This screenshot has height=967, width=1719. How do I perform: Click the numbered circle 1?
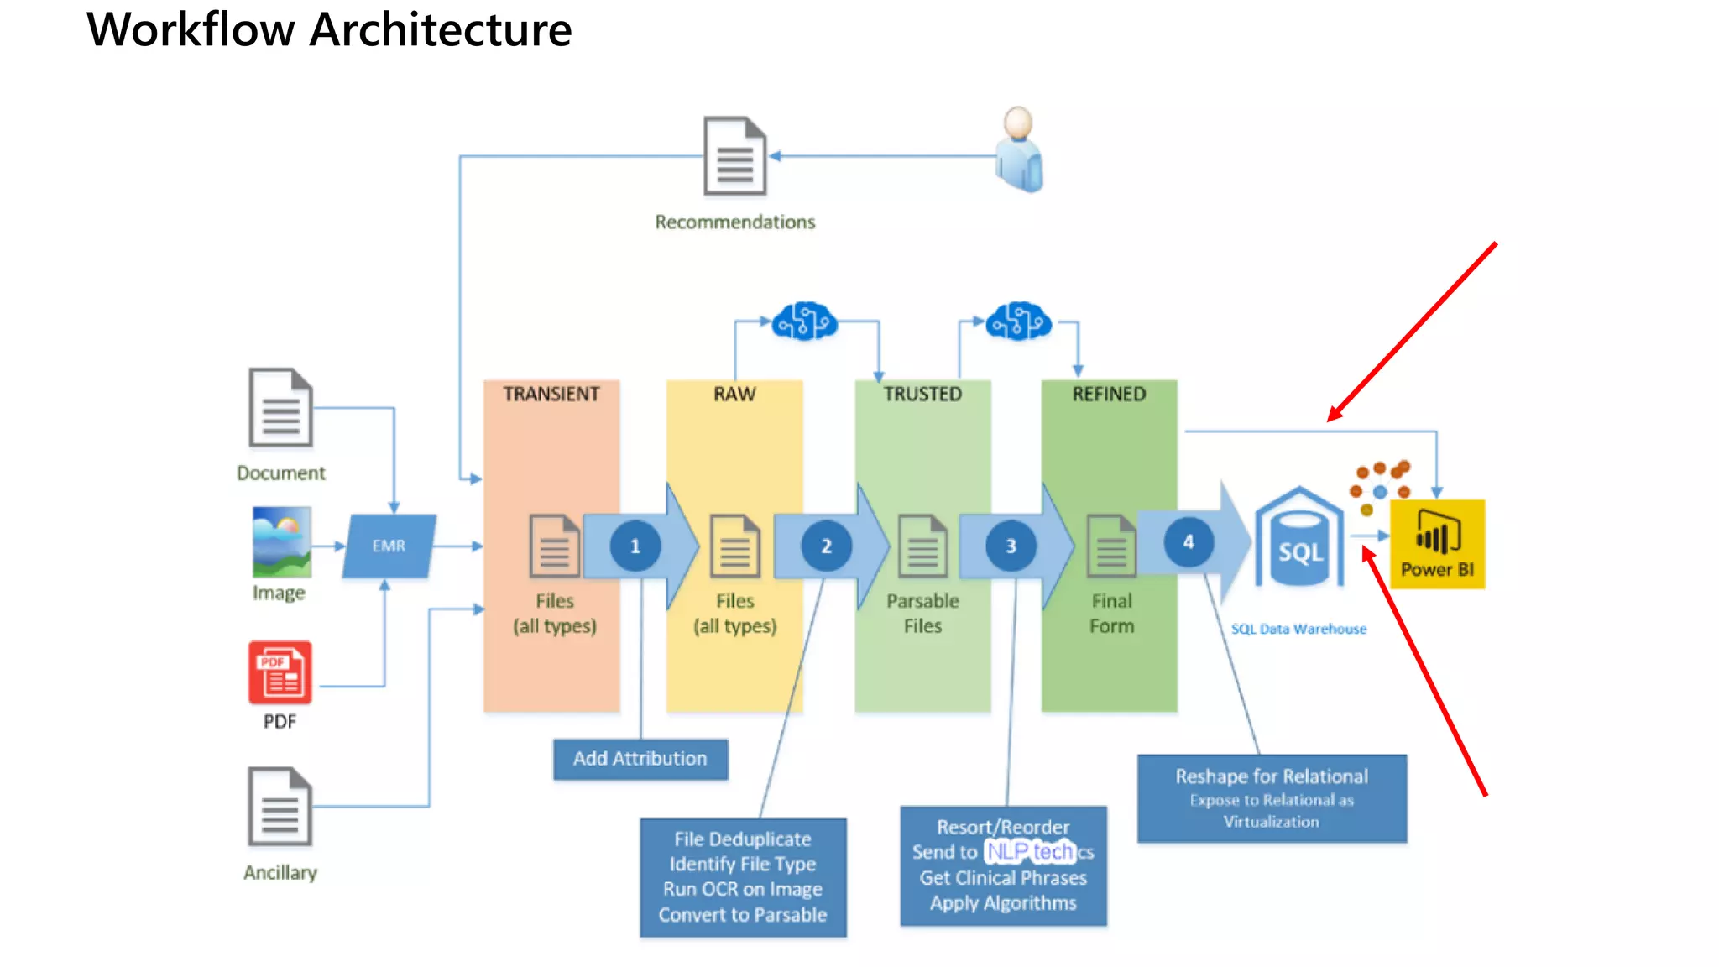pos(635,546)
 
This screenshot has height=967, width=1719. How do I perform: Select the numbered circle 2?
pos(826,546)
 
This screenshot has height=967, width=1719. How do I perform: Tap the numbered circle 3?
pos(1011,546)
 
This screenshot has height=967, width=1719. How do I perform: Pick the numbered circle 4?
pos(1189,542)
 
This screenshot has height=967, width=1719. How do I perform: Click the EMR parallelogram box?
pos(389,546)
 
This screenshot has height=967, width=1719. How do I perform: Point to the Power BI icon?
pos(1437,544)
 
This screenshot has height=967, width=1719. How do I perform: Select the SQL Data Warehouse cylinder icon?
pos(1299,541)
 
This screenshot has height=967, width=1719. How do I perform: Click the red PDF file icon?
pos(280,673)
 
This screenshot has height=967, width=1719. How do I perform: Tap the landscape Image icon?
pos(282,541)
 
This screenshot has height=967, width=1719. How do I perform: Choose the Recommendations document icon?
pos(734,156)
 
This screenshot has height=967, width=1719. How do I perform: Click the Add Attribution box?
pos(640,759)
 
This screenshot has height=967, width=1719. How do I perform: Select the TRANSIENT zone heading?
pos(551,395)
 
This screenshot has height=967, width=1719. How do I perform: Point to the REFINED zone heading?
pos(1109,395)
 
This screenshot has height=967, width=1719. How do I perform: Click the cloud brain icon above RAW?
pos(804,321)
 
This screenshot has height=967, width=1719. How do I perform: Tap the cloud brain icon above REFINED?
pos(1018,321)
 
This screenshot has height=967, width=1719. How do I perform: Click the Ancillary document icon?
pos(280,808)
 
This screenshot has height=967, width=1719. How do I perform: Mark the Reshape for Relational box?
pos(1272,798)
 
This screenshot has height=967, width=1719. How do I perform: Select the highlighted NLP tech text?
pos(1030,852)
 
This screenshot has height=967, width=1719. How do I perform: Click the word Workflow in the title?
pos(191,30)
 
